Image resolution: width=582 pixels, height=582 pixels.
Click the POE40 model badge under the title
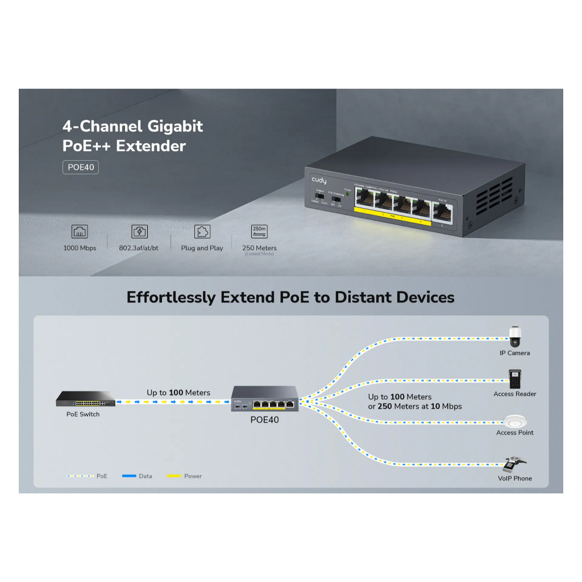80,168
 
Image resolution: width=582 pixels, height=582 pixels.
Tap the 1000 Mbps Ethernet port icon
80,231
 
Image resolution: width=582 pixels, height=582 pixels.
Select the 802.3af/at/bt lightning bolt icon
139,231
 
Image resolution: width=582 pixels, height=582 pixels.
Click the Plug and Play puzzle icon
202,231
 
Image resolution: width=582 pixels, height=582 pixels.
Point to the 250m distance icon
259,231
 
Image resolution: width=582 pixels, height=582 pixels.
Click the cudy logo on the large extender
319,180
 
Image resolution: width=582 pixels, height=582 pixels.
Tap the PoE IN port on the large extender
443,211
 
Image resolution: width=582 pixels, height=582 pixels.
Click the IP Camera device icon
515,335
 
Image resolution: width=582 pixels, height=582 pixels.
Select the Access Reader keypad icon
515,379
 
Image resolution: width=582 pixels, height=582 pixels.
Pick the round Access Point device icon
515,421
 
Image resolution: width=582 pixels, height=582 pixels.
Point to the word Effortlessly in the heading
171,297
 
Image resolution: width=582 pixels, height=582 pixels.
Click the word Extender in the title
151,146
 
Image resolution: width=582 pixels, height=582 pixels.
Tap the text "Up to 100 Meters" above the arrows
178,393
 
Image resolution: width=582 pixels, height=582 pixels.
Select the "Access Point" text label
515,433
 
